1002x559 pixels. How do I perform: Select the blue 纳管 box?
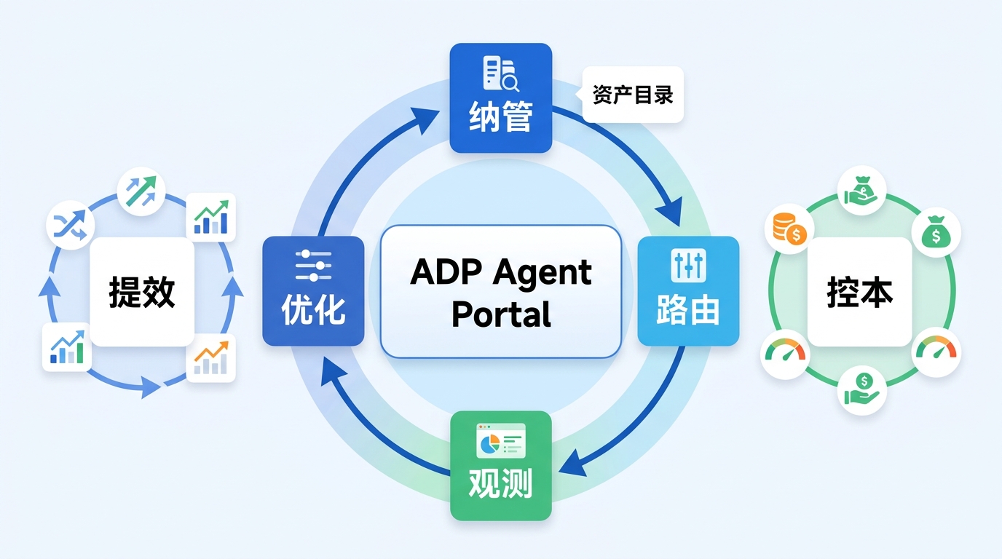coord(500,98)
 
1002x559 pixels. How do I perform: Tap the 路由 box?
coord(688,290)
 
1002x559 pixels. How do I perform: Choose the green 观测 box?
coord(501,466)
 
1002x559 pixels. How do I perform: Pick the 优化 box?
coord(313,290)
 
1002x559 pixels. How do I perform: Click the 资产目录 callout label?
coord(633,95)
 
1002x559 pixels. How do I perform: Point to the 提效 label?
coord(142,292)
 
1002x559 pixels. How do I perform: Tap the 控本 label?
coord(860,292)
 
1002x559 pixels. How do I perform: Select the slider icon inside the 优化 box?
coord(313,266)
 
